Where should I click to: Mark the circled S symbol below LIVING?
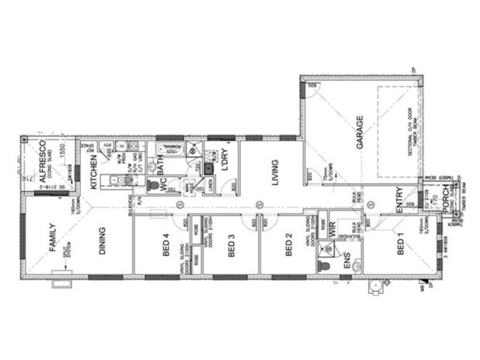click(x=259, y=205)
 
